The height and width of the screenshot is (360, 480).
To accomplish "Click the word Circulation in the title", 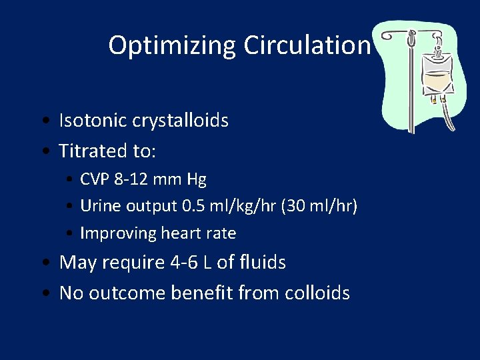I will tap(306, 46).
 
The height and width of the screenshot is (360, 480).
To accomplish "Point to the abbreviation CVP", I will tap(94, 179).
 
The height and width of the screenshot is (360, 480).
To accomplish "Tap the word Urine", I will tap(97, 207).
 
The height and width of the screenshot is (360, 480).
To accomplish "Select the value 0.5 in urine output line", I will tap(193, 207).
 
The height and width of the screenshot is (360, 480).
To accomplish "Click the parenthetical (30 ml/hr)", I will tap(319, 207).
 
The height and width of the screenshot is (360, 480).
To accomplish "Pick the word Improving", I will tap(118, 233).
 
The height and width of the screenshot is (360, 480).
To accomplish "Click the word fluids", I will tap(262, 263).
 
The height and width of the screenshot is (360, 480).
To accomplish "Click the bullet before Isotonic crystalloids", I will tap(43, 121).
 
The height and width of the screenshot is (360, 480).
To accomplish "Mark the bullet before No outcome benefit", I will tap(43, 293).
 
